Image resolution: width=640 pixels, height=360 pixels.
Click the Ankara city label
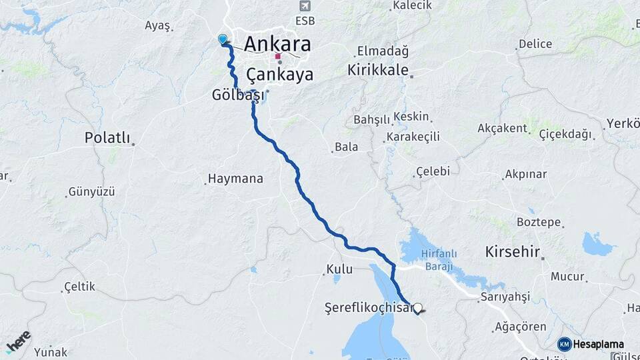click(x=277, y=44)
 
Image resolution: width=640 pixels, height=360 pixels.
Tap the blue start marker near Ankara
click(x=223, y=39)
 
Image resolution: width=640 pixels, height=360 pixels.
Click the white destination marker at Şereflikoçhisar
click(x=418, y=308)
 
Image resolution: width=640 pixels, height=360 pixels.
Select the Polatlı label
click(x=107, y=138)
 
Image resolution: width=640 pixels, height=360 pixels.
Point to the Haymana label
click(x=235, y=179)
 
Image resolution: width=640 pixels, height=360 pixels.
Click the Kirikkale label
click(x=377, y=70)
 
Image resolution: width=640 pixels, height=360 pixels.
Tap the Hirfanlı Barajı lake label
click(x=437, y=259)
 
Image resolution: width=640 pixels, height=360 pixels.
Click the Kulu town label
click(x=339, y=270)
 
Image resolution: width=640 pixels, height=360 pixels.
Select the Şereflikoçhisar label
click(x=366, y=308)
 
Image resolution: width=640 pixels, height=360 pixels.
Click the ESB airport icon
click(x=305, y=6)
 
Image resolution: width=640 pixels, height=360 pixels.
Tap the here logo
click(x=19, y=341)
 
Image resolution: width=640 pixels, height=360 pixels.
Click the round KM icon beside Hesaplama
click(x=564, y=344)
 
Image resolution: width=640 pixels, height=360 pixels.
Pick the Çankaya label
click(x=280, y=74)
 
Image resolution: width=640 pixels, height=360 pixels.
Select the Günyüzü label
click(x=91, y=192)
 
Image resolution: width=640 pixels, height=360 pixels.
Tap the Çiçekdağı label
click(x=565, y=134)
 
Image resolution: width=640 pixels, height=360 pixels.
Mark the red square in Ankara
click(x=278, y=57)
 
